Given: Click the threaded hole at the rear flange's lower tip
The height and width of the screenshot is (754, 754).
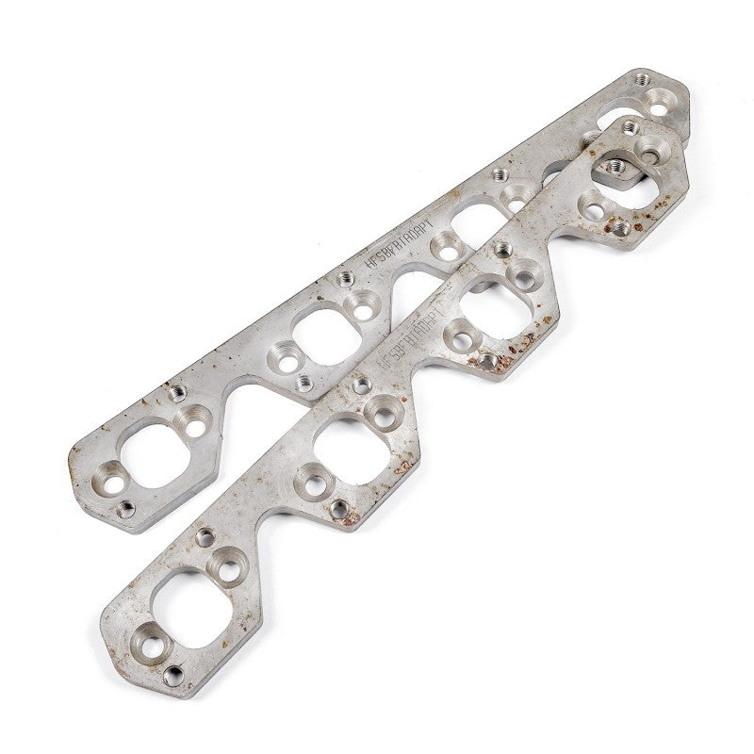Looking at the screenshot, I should pos(123,510).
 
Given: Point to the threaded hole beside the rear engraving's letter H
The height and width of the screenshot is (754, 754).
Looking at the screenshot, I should pos(346,277).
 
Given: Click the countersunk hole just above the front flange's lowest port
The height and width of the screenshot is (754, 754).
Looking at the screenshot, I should pos(227,564).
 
